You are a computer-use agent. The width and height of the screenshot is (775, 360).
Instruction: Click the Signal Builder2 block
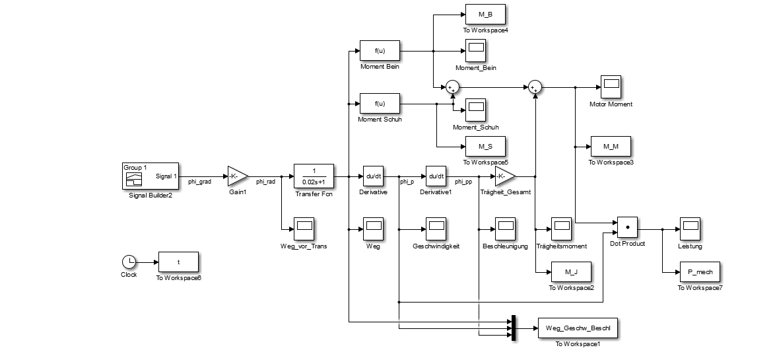click(150, 176)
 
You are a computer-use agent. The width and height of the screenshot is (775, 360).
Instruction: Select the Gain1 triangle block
click(236, 176)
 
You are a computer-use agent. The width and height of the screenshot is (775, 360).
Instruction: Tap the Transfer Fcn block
click(314, 176)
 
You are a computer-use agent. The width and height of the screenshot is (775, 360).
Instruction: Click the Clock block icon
click(129, 262)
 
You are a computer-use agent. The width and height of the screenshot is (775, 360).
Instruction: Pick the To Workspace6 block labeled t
click(178, 262)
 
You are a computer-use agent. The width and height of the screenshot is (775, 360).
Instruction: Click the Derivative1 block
click(435, 176)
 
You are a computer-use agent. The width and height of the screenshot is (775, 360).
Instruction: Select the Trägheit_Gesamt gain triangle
click(504, 176)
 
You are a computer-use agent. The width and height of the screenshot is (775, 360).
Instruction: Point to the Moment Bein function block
click(380, 50)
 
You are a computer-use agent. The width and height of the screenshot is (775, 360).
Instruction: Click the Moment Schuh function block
click(380, 104)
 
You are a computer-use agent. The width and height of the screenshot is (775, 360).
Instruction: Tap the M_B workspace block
click(485, 15)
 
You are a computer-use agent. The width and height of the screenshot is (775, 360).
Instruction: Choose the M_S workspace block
click(485, 146)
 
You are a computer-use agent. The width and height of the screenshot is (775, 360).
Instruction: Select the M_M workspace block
click(611, 146)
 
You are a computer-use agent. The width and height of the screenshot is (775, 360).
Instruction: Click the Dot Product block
click(627, 227)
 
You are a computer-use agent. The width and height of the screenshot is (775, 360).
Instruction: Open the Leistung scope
click(690, 227)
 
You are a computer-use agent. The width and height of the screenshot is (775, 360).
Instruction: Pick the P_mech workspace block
click(700, 271)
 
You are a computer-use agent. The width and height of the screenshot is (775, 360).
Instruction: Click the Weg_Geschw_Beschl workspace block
click(579, 328)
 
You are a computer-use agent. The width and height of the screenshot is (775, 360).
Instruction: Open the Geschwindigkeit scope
click(435, 227)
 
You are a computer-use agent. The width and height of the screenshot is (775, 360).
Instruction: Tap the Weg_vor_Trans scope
click(304, 227)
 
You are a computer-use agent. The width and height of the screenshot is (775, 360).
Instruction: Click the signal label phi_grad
click(199, 182)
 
